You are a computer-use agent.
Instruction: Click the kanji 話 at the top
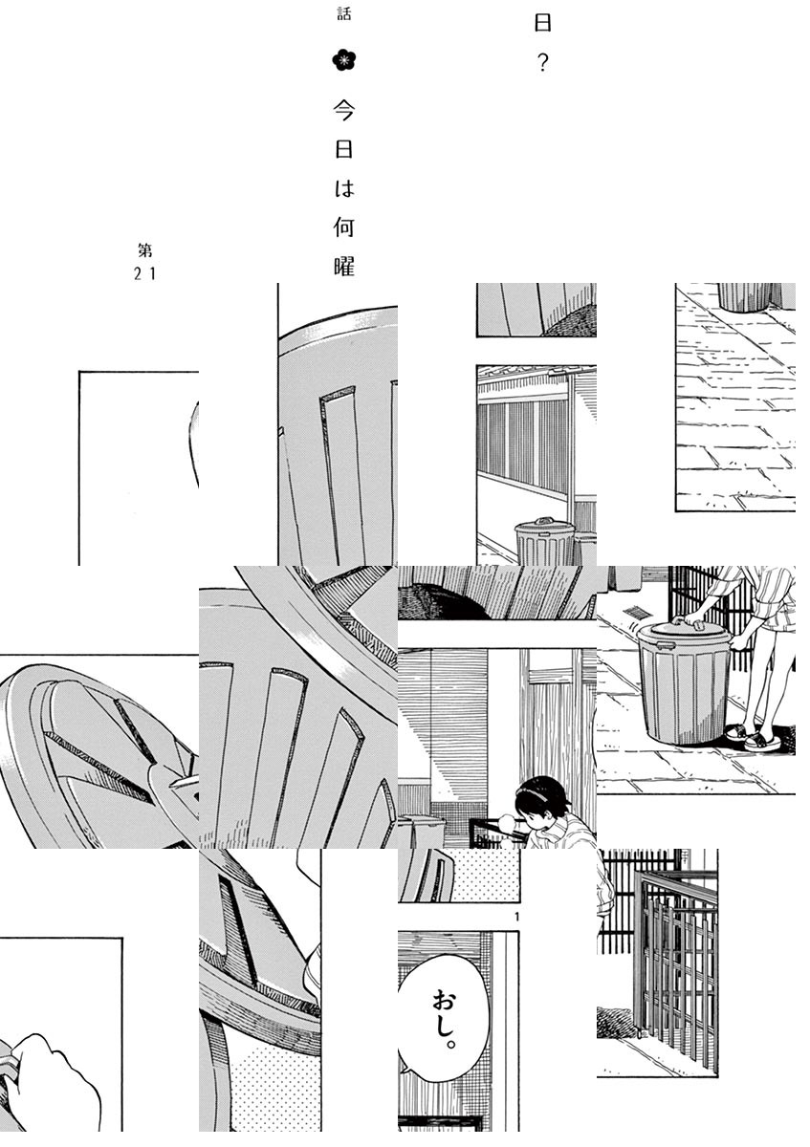[343, 13]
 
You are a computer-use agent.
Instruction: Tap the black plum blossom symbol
[343, 61]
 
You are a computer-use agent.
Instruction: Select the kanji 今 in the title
[343, 110]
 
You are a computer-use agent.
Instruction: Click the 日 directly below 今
[343, 149]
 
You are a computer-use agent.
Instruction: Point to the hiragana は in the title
[344, 188]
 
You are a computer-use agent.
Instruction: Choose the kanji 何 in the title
[344, 227]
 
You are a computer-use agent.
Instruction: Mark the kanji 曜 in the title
[344, 267]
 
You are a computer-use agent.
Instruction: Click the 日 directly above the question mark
[542, 24]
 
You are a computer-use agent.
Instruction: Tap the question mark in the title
[542, 63]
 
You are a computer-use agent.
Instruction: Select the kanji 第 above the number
[145, 250]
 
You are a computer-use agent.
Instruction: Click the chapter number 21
[144, 274]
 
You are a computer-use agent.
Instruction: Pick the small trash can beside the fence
[543, 541]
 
